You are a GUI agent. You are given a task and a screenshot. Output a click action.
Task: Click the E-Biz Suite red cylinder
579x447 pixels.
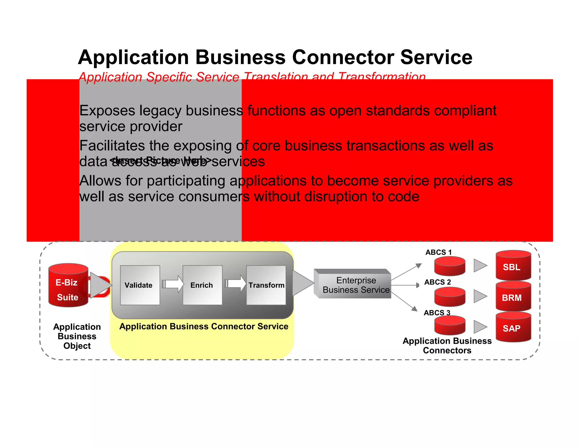68,285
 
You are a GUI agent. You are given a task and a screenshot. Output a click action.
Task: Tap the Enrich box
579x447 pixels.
202,285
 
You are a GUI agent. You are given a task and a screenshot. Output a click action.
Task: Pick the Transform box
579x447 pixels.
266,285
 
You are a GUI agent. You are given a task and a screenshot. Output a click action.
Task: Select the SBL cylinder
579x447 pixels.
513,266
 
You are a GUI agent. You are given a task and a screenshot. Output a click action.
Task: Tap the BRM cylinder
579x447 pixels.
513,297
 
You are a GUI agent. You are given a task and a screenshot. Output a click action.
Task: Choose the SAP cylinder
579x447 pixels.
513,327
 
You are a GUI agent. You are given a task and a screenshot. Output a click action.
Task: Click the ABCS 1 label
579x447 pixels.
438,252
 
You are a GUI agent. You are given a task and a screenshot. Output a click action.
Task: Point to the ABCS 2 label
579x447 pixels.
437,282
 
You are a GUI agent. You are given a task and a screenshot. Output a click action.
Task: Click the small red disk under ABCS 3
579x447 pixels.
450,326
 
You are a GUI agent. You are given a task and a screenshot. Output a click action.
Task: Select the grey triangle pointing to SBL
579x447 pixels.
479,266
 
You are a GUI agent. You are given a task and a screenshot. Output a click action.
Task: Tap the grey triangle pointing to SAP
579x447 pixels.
479,327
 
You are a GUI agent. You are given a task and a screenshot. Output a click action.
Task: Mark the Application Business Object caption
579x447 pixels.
77,336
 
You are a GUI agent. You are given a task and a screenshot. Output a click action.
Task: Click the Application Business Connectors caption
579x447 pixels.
447,346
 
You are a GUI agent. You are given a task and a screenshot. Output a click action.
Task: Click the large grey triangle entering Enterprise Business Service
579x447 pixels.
302,283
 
